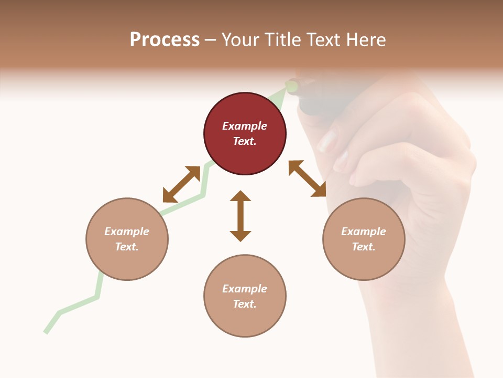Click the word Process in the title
165,40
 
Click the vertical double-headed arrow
240,216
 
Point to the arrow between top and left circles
181,184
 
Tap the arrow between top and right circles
307,178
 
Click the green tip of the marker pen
291,86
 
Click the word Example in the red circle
245,126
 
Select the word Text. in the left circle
127,247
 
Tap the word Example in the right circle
364,232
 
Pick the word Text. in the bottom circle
245,304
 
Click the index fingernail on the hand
327,141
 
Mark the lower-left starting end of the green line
46,331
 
